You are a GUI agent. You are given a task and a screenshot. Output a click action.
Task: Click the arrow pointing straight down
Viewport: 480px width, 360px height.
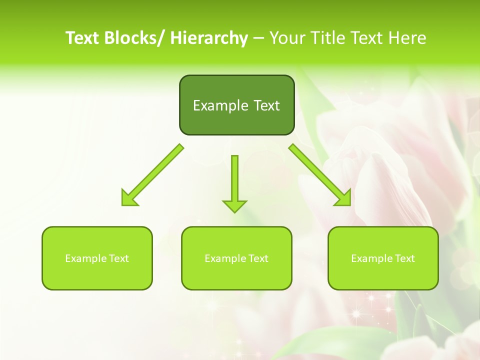click(x=234, y=182)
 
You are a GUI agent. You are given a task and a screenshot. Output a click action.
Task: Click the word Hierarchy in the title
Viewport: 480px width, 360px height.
click(x=209, y=38)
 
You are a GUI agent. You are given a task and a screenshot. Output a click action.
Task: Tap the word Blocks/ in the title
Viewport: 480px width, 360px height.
click(x=134, y=38)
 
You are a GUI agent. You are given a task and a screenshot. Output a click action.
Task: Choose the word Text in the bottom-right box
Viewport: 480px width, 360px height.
click(x=404, y=258)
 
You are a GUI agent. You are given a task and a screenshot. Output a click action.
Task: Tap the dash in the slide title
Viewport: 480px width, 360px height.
click(x=258, y=38)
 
